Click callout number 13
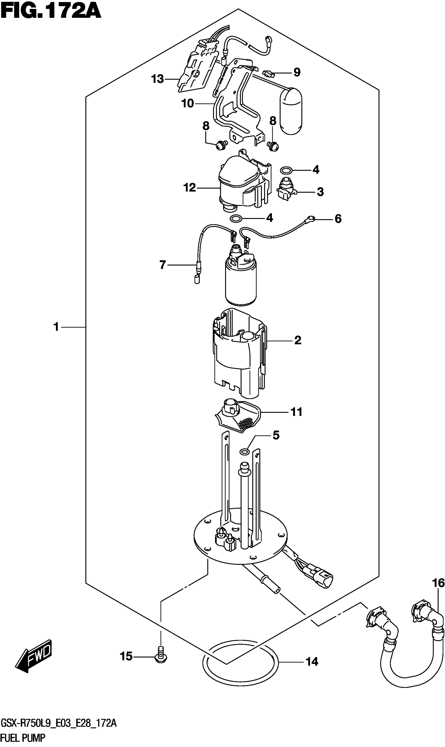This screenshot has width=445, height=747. (x=157, y=79)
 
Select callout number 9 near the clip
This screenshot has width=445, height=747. (x=297, y=72)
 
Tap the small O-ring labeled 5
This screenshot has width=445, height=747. (x=245, y=451)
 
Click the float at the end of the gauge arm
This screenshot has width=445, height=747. (x=291, y=111)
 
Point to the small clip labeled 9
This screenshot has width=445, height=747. (x=268, y=73)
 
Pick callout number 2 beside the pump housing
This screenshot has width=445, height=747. (x=297, y=340)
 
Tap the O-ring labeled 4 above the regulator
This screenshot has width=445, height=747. (x=286, y=171)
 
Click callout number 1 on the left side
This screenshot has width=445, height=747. (x=56, y=327)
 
